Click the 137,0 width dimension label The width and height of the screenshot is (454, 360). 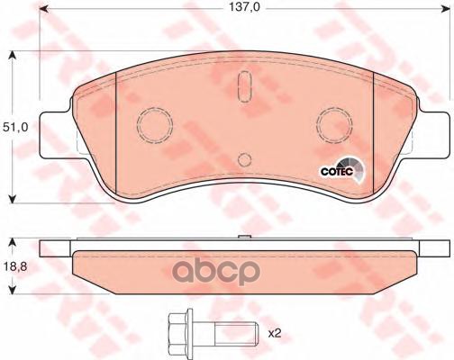coord(244,7)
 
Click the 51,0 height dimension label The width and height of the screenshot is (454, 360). coord(15,128)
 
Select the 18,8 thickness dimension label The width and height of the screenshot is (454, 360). coord(15,265)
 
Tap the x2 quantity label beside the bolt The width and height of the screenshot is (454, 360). coord(274,333)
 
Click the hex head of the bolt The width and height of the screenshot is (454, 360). coord(180,333)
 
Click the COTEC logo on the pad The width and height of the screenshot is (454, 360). coord(341,170)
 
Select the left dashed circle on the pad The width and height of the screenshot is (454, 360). coord(155,124)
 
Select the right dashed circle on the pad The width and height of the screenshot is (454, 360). coord(334,124)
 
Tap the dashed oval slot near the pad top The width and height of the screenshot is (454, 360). coord(244,86)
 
